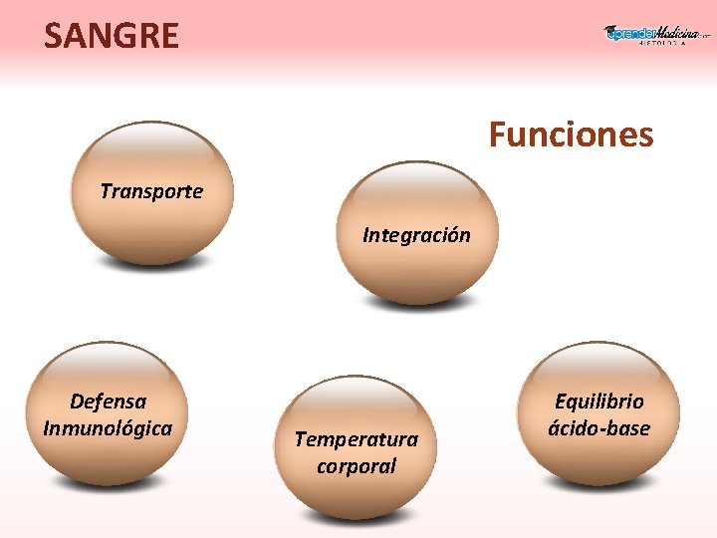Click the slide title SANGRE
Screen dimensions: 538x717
112,37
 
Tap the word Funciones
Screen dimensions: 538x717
571,134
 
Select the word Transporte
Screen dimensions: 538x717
151,191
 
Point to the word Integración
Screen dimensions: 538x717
416,236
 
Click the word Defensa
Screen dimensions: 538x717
109,402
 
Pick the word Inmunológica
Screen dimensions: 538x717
108,428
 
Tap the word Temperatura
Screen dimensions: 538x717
357,439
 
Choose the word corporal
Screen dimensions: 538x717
357,466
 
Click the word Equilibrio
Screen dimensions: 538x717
598,402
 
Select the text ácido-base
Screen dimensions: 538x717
598,428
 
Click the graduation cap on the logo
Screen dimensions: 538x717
611,32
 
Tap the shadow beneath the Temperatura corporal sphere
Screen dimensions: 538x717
357,519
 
